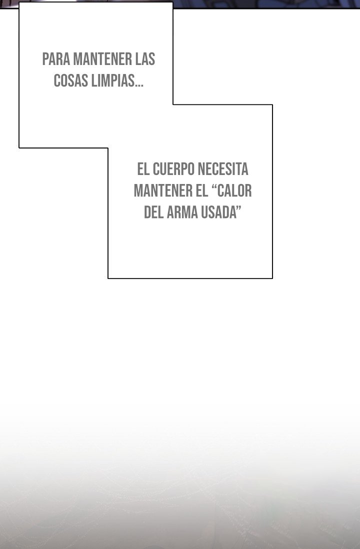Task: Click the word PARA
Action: point(56,59)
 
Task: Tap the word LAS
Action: point(145,59)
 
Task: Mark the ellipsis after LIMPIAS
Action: point(139,85)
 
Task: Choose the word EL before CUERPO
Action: point(143,169)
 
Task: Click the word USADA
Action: point(218,212)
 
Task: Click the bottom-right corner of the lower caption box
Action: point(272,278)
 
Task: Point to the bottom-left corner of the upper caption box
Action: point(19,148)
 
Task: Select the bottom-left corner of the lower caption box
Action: point(108,278)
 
